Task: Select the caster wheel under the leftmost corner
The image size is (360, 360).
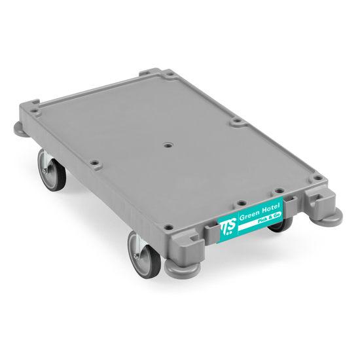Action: click(51, 170)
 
